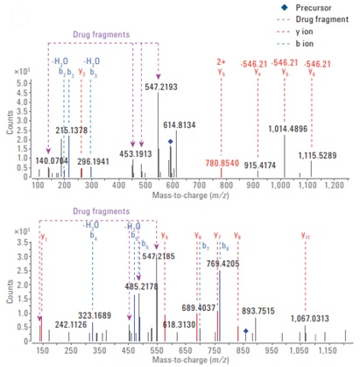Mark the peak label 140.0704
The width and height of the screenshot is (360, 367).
click(53, 137)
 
